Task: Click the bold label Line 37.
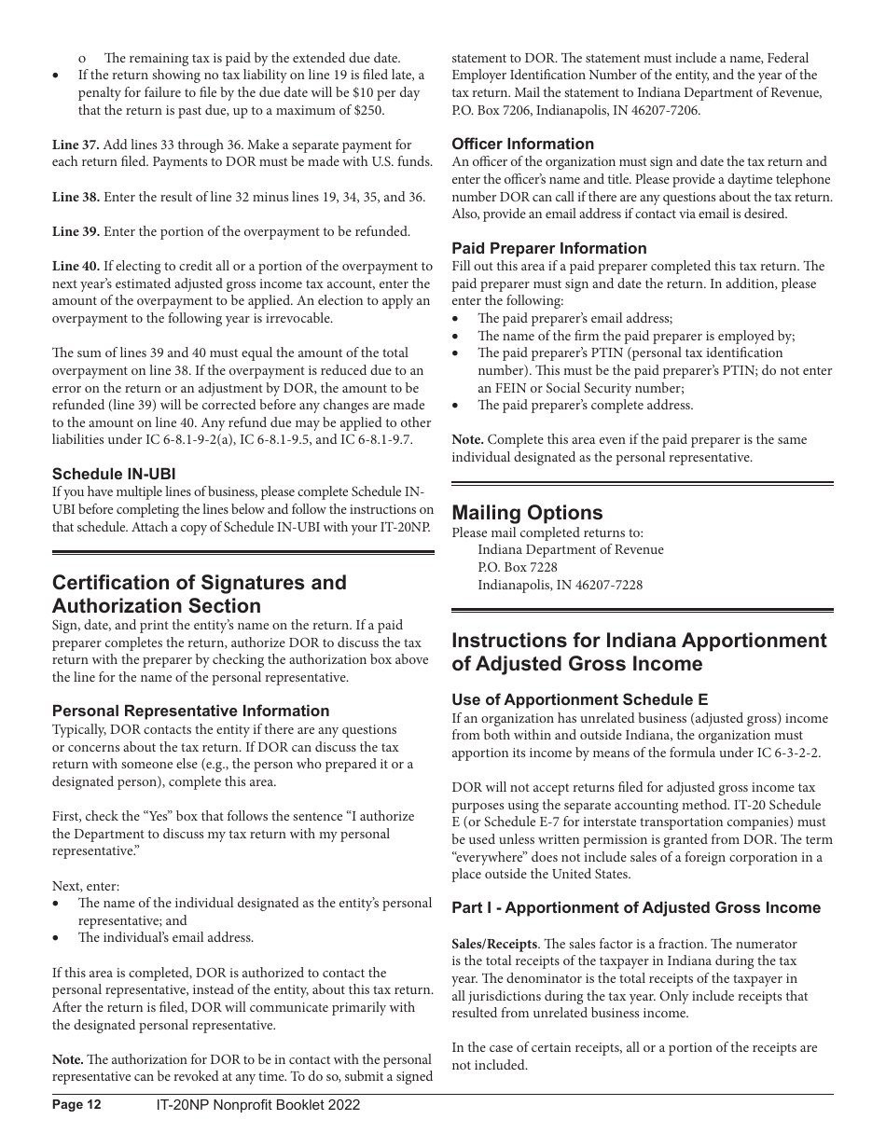coord(76,145)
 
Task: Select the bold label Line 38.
coord(76,198)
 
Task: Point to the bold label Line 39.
coord(76,231)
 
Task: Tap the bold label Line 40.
coord(76,267)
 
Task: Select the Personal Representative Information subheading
coord(190,711)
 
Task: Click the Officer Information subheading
coord(522,144)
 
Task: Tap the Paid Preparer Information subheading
coord(548,248)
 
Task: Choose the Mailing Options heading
coord(527,513)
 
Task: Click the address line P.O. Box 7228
coord(518,567)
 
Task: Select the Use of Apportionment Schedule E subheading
coord(579,699)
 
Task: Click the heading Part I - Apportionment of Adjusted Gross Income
coord(636,907)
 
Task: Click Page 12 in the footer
coord(76,1105)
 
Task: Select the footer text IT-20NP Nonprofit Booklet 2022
coord(257,1105)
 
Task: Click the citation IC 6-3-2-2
coord(765,753)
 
